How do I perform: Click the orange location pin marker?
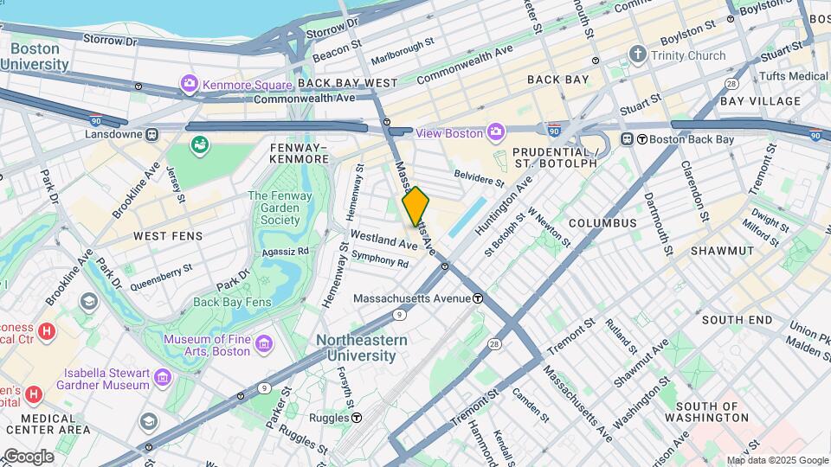(x=415, y=207)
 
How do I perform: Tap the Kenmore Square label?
(x=235, y=84)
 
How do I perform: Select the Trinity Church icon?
(x=639, y=55)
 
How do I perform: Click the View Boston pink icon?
(x=496, y=132)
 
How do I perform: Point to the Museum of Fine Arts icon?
(x=264, y=345)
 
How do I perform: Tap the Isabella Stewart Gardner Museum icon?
(x=162, y=378)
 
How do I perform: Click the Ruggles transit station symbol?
(x=357, y=418)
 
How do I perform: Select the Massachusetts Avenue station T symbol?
(x=477, y=298)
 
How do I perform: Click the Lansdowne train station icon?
(x=152, y=134)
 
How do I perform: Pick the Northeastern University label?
(x=361, y=347)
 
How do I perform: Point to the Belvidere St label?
(x=479, y=177)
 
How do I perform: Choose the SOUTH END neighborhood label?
(x=737, y=320)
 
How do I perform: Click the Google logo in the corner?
(x=28, y=456)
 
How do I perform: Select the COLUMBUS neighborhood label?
(x=602, y=223)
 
